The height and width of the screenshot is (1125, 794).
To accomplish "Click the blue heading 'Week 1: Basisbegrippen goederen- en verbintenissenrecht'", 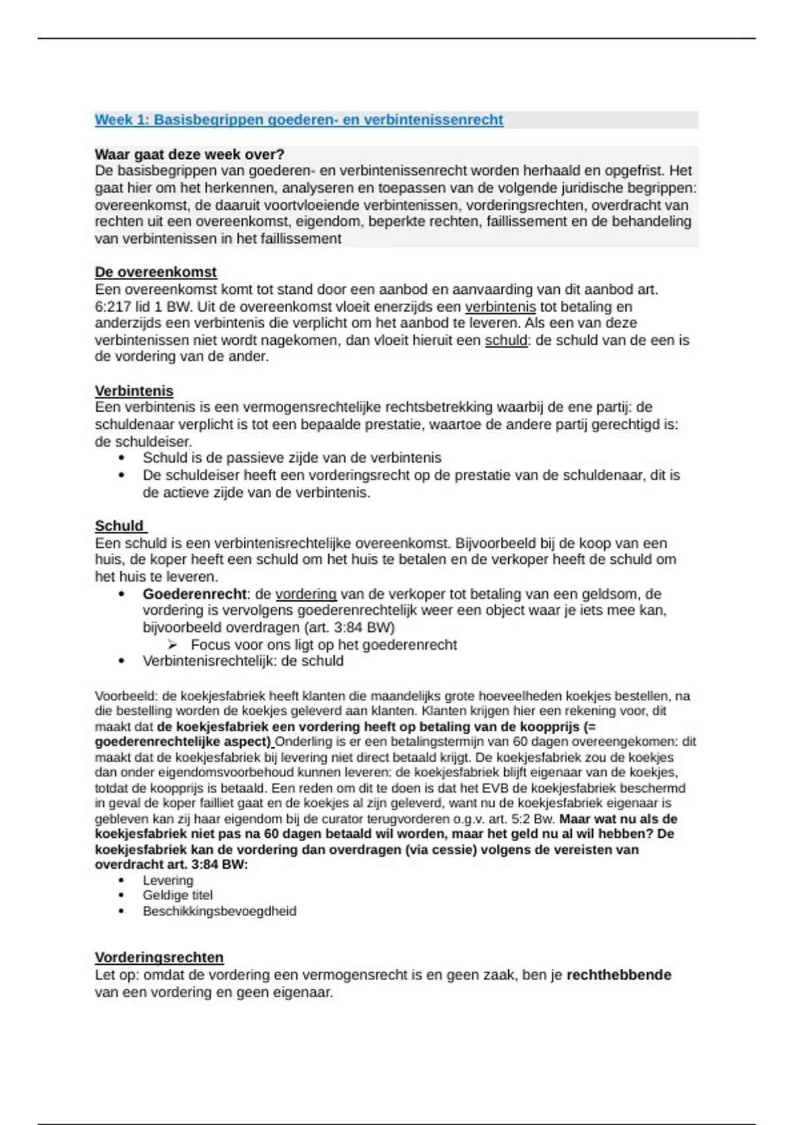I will [298, 120].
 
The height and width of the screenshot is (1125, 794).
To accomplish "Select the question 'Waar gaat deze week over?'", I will [189, 154].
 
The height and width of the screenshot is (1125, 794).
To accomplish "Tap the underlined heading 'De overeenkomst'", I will [155, 272].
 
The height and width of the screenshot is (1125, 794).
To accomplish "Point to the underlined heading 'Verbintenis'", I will [134, 390].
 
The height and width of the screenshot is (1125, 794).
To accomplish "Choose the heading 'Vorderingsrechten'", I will [159, 957].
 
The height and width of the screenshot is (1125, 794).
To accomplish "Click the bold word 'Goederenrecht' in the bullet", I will [195, 594].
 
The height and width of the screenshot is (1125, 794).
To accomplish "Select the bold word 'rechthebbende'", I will [619, 975].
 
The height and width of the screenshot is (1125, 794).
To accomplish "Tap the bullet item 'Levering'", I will [168, 880].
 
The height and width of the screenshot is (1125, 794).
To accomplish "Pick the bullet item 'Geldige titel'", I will [177, 895].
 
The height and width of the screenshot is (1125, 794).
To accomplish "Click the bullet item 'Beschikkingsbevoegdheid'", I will [219, 911].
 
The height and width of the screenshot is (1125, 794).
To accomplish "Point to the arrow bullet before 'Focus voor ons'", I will [173, 645].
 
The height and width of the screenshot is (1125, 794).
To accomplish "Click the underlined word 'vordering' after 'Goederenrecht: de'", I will [306, 594].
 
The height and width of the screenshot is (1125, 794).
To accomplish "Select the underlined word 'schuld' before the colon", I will [506, 340].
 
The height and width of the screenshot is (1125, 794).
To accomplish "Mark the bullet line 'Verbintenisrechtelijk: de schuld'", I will [243, 660].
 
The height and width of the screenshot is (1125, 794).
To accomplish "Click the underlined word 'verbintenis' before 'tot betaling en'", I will [500, 306].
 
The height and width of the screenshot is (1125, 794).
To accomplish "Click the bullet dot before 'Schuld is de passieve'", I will [121, 458].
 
